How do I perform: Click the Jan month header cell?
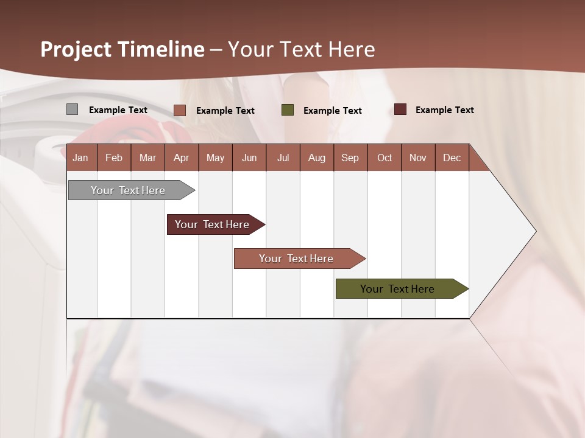click(81, 158)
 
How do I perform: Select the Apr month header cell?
click(181, 158)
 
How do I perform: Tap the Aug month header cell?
click(316, 158)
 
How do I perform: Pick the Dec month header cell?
click(452, 158)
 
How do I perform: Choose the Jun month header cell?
click(249, 158)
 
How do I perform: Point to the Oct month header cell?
click(384, 158)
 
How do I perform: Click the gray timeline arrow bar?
click(128, 190)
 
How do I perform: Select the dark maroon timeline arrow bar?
click(212, 224)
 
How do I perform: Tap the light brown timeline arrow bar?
click(296, 259)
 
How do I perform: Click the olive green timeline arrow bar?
click(397, 289)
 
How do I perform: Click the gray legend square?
click(72, 109)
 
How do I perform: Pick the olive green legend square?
click(288, 110)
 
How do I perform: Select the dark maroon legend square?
click(400, 109)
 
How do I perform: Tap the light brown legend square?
click(180, 110)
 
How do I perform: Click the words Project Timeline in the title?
click(122, 49)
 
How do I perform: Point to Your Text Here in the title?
click(301, 49)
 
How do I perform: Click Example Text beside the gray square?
click(118, 110)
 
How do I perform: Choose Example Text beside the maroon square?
click(445, 110)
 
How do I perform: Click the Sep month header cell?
click(350, 158)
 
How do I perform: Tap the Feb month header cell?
click(114, 158)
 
